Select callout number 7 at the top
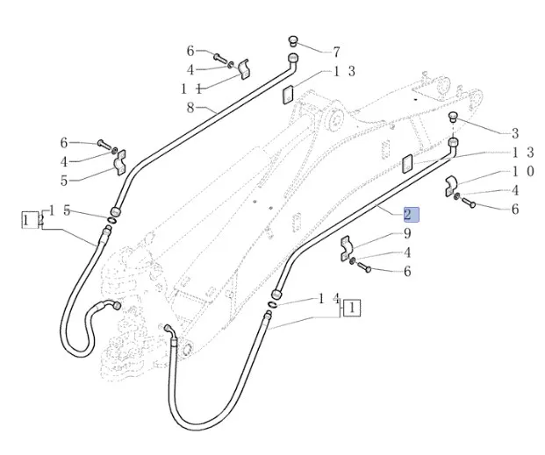pos(336,53)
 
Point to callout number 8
pos(190,108)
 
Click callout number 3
pos(515,133)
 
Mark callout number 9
pos(407,233)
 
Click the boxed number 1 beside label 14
pos(352,308)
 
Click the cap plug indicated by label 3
pos(454,117)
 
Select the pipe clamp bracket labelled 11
pos(242,69)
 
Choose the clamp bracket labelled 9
pos(346,249)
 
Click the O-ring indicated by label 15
pos(114,216)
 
